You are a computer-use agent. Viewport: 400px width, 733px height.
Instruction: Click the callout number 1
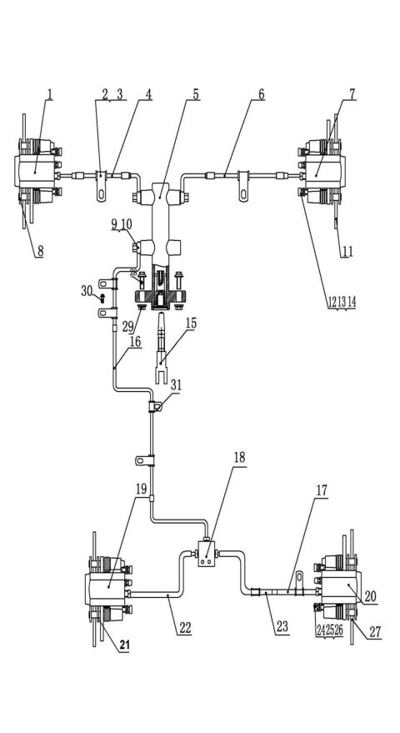(x=50, y=94)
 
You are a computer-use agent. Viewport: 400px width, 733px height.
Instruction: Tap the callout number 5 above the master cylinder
(x=196, y=94)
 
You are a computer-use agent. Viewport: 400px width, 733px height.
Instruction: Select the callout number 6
(x=261, y=94)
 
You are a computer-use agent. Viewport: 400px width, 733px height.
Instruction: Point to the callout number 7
(x=352, y=94)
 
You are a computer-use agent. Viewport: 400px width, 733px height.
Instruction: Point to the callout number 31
(x=175, y=384)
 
